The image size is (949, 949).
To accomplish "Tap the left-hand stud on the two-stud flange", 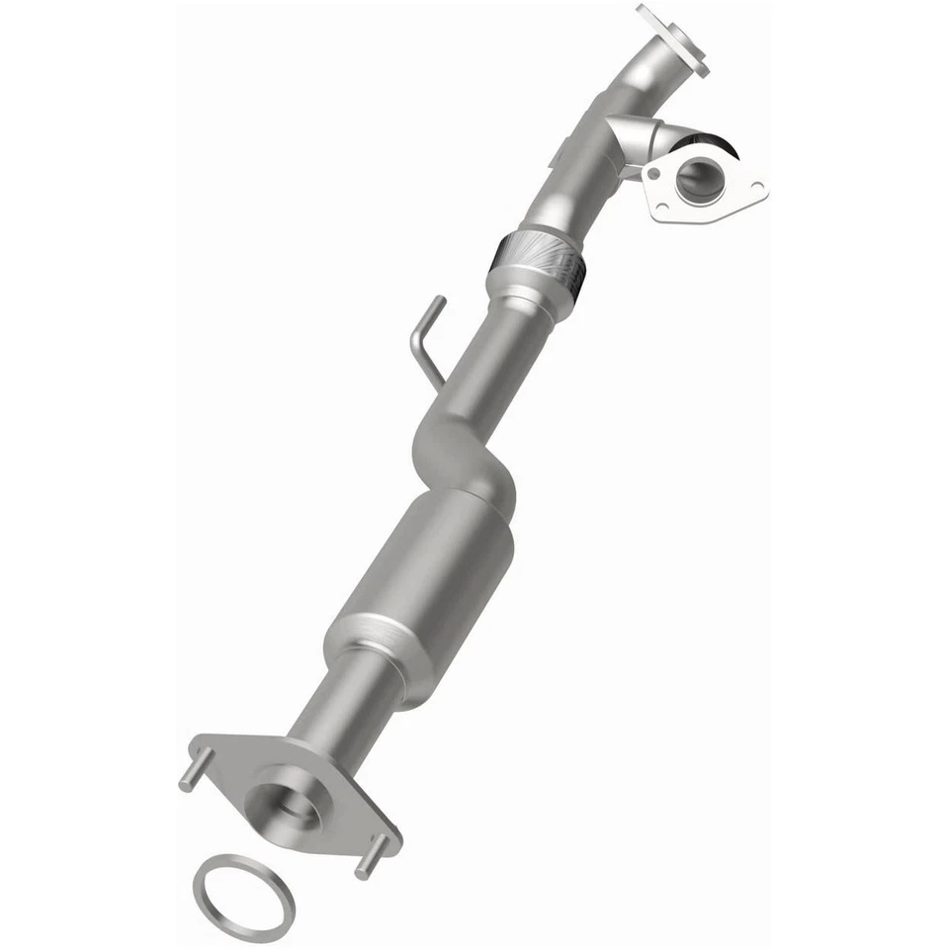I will pos(194,770).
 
